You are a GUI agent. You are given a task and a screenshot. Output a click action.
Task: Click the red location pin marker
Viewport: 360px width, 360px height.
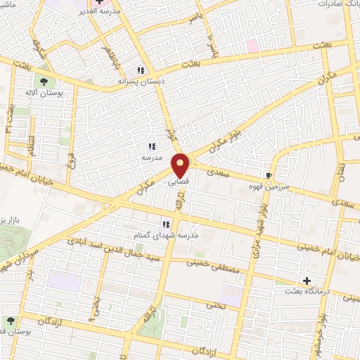pos(181,165)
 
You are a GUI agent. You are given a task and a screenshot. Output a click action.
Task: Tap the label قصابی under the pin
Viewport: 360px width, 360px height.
pos(177,181)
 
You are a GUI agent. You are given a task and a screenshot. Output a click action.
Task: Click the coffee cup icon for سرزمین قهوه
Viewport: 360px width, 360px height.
pos(269,175)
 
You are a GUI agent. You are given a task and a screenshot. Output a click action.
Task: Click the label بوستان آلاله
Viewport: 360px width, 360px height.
pos(44,93)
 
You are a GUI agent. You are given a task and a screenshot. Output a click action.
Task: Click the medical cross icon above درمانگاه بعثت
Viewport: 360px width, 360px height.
pos(307,280)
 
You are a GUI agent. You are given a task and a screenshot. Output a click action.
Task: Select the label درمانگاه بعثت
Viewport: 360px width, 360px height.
pos(304,290)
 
